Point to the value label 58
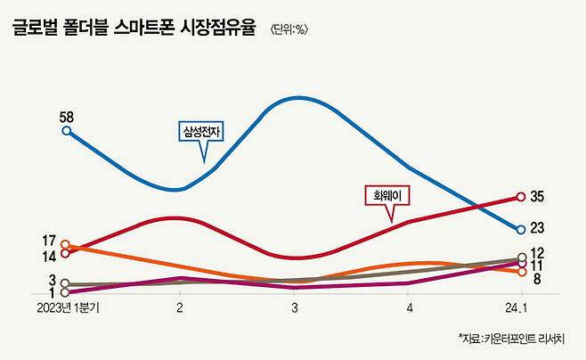[x=66, y=117]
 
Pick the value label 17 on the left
[x=50, y=241]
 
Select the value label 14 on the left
[x=50, y=257]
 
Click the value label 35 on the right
[x=537, y=196]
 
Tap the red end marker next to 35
[x=522, y=197]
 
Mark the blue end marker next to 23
[x=522, y=229]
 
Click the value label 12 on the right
[x=537, y=253]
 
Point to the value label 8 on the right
[x=538, y=278]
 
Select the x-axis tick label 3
[x=294, y=309]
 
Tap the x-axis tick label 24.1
[x=517, y=309]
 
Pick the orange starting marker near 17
[x=66, y=244]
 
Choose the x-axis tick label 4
[x=409, y=309]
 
